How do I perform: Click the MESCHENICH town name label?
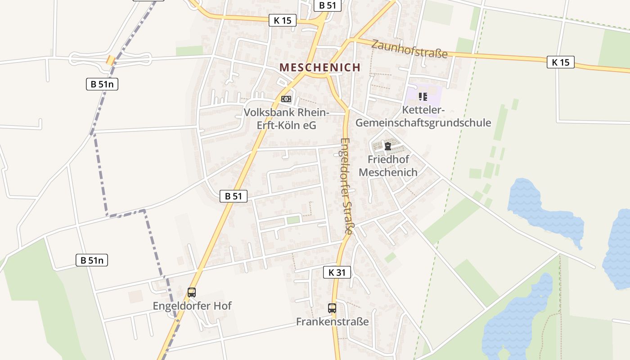[x=320, y=67]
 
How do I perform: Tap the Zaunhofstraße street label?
[x=409, y=49]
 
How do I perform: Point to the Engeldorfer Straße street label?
[x=346, y=185]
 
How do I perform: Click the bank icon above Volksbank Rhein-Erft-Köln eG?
[x=286, y=99]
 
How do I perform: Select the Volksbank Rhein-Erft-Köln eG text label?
[x=287, y=119]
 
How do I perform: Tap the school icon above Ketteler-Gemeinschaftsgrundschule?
[x=423, y=96]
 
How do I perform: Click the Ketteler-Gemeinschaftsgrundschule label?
[x=423, y=117]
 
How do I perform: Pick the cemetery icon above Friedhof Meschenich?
[x=387, y=146]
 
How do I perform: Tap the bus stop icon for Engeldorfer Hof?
[x=192, y=292]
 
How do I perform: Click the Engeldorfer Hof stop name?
[x=192, y=306]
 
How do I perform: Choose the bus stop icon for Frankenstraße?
[x=332, y=308]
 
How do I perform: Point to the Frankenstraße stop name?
[x=332, y=322]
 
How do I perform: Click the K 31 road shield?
[x=337, y=272]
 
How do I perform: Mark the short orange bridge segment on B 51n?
[x=110, y=60]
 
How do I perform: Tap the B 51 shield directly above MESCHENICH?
[x=327, y=5]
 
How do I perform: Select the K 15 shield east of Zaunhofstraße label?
[x=561, y=62]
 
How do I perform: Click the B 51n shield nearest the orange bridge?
[x=102, y=84]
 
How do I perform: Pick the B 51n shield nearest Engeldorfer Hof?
[x=92, y=260]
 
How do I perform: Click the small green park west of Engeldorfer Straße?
[x=293, y=220]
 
